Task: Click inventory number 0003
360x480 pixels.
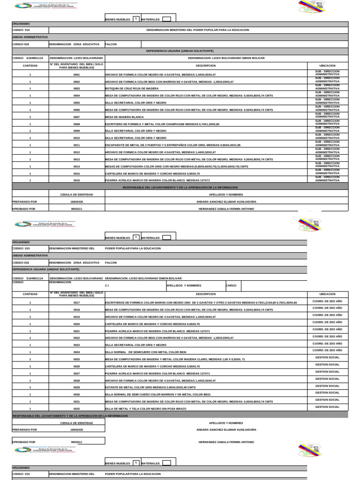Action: [76, 88]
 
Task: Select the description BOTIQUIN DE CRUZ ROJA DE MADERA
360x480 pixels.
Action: [133, 88]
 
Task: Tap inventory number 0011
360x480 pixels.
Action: [76, 145]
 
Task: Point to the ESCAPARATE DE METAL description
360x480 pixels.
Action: [172, 145]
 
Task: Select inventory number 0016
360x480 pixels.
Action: [76, 180]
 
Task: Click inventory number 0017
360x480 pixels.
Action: [76, 303]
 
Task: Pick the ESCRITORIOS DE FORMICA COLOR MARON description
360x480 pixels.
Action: [201, 303]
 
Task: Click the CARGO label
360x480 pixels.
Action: [231, 285]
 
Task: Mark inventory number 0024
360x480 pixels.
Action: [76, 352]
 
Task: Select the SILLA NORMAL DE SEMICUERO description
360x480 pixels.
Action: [146, 352]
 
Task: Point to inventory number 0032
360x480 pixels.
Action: [76, 409]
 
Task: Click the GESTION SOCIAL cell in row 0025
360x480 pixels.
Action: [327, 358]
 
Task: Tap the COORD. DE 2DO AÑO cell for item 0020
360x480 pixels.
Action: [327, 322]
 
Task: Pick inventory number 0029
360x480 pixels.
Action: [76, 387]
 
